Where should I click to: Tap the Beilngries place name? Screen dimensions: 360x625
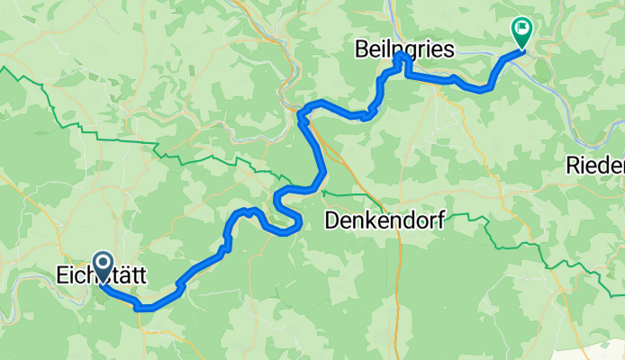coord(403,46)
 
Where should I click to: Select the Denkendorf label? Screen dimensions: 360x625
coord(384,220)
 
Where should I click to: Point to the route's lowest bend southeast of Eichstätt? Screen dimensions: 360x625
coord(144,308)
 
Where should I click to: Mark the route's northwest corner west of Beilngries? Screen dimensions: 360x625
coord(300,112)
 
